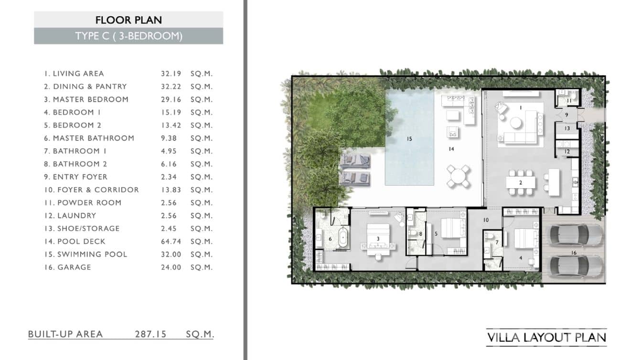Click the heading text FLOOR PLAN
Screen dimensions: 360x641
click(128, 20)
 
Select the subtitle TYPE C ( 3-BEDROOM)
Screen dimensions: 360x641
click(128, 36)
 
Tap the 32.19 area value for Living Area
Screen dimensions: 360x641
click(171, 74)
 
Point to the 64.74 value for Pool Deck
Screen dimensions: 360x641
click(171, 242)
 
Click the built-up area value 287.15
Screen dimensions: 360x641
click(150, 334)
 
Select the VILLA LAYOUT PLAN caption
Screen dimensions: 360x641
click(546, 338)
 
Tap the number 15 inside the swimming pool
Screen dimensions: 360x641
click(409, 139)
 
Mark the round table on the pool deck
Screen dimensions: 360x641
click(459, 177)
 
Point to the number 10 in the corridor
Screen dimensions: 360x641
click(486, 220)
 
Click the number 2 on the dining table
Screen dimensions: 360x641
click(520, 182)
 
